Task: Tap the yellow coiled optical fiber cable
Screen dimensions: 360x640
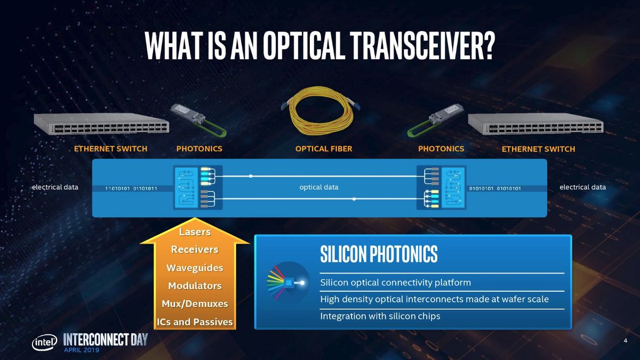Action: [319, 115]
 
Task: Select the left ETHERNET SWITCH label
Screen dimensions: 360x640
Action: [111, 149]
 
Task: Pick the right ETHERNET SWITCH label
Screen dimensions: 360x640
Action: [538, 149]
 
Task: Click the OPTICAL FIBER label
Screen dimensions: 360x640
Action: [324, 149]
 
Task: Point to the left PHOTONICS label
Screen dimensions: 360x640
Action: [199, 149]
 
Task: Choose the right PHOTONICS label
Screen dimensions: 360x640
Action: [441, 148]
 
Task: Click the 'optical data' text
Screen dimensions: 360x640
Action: [319, 187]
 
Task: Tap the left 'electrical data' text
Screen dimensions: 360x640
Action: [55, 187]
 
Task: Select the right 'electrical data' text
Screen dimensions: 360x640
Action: [582, 187]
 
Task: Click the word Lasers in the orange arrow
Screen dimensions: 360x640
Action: [195, 232]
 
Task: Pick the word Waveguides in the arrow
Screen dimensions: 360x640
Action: [195, 268]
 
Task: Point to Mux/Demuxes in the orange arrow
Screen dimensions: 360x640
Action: [195, 304]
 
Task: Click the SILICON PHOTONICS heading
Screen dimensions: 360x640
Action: [379, 255]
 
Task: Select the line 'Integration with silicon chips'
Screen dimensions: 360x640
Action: [380, 316]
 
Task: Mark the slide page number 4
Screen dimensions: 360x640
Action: [625, 341]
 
